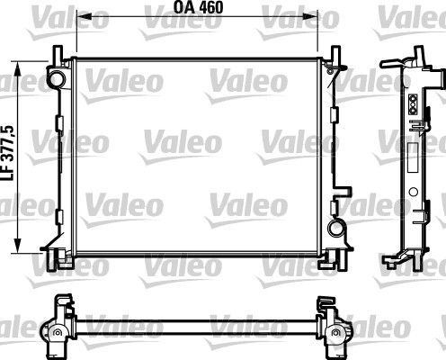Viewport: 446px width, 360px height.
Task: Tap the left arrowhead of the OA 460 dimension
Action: (x=78, y=16)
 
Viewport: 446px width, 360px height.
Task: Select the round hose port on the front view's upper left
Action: (x=58, y=80)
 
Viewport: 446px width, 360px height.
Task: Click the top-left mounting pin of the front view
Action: (x=54, y=54)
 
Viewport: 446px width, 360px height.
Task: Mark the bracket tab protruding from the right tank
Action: (x=343, y=193)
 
